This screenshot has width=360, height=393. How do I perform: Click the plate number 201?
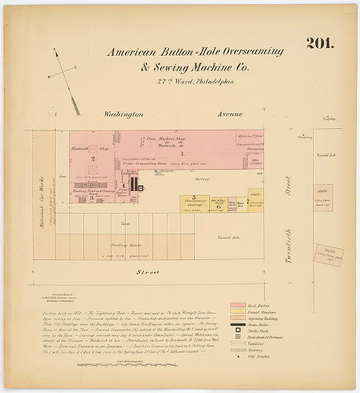point(319,43)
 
